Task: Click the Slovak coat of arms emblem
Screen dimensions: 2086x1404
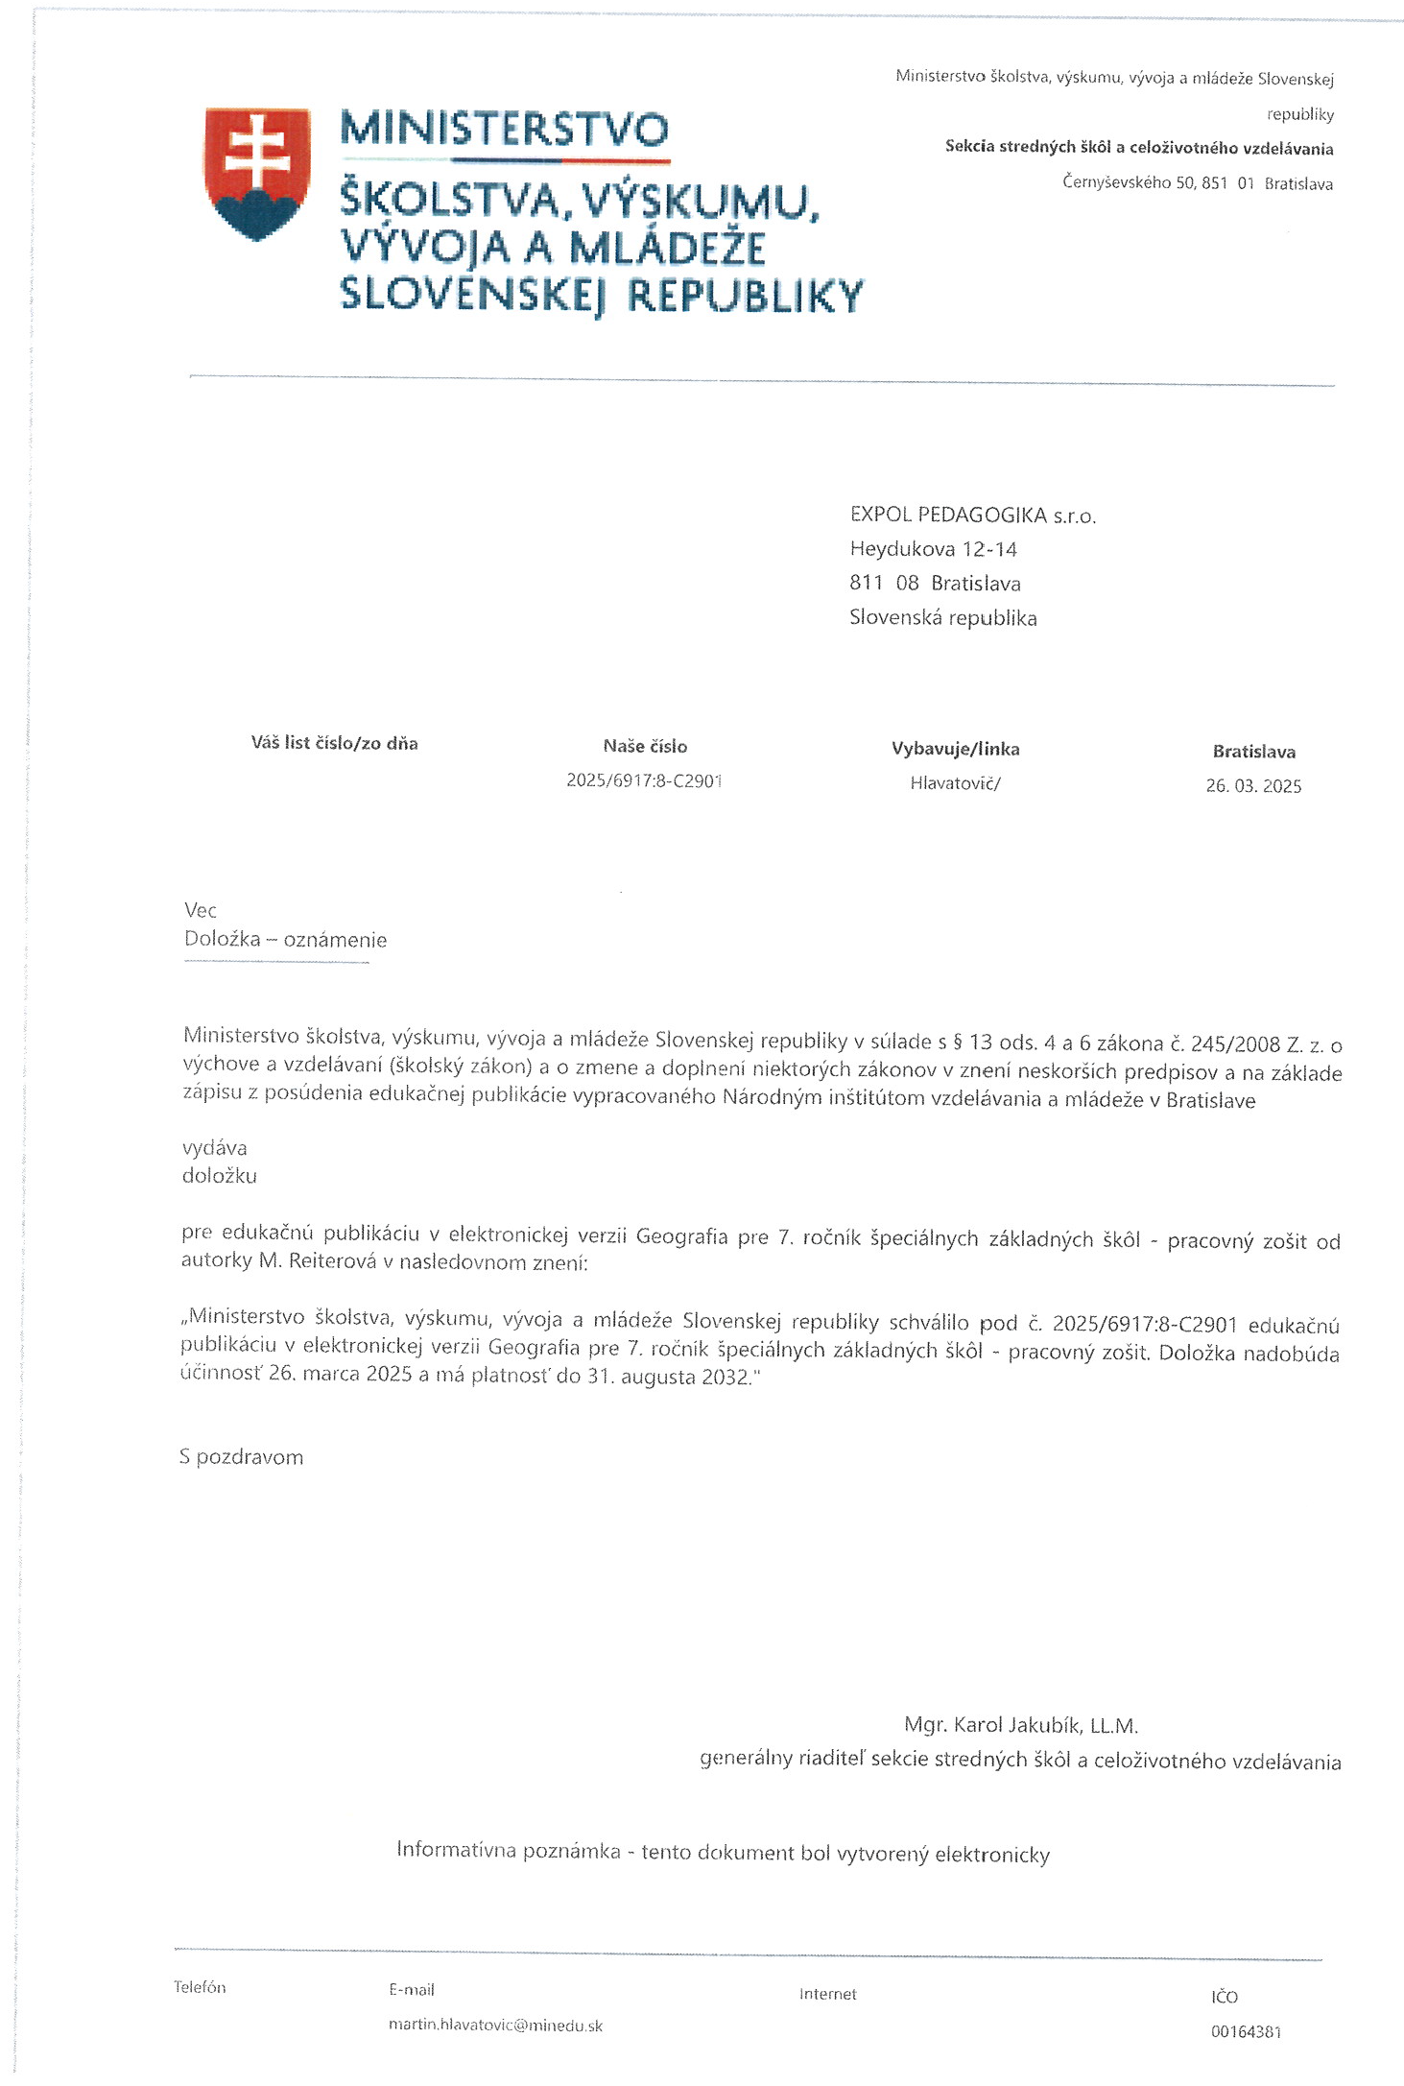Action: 256,173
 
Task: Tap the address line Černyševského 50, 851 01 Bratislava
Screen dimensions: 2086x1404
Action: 1197,182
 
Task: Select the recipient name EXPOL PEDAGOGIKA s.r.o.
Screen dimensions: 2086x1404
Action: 971,516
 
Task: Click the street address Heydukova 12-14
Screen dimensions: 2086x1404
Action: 933,549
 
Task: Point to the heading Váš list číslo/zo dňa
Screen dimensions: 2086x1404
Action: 334,743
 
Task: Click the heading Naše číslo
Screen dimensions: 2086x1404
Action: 645,746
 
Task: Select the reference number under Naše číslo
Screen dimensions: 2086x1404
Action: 643,780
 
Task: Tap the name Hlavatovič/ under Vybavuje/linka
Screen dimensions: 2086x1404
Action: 955,783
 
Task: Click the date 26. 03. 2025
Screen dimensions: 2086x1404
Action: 1253,786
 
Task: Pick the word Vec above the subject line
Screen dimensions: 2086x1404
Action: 201,910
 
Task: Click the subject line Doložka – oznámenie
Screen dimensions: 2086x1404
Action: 285,940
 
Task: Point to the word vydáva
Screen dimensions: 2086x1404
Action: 214,1148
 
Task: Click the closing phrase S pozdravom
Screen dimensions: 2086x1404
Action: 241,1457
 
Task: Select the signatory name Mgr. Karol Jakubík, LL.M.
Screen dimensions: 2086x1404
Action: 1020,1725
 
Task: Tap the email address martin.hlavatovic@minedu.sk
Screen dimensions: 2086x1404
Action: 495,2026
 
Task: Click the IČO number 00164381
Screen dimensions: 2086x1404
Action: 1246,2031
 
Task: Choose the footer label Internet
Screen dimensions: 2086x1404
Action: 827,1994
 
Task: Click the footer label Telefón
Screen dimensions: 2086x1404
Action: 200,1987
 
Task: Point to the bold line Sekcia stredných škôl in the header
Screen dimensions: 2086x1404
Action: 1138,148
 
